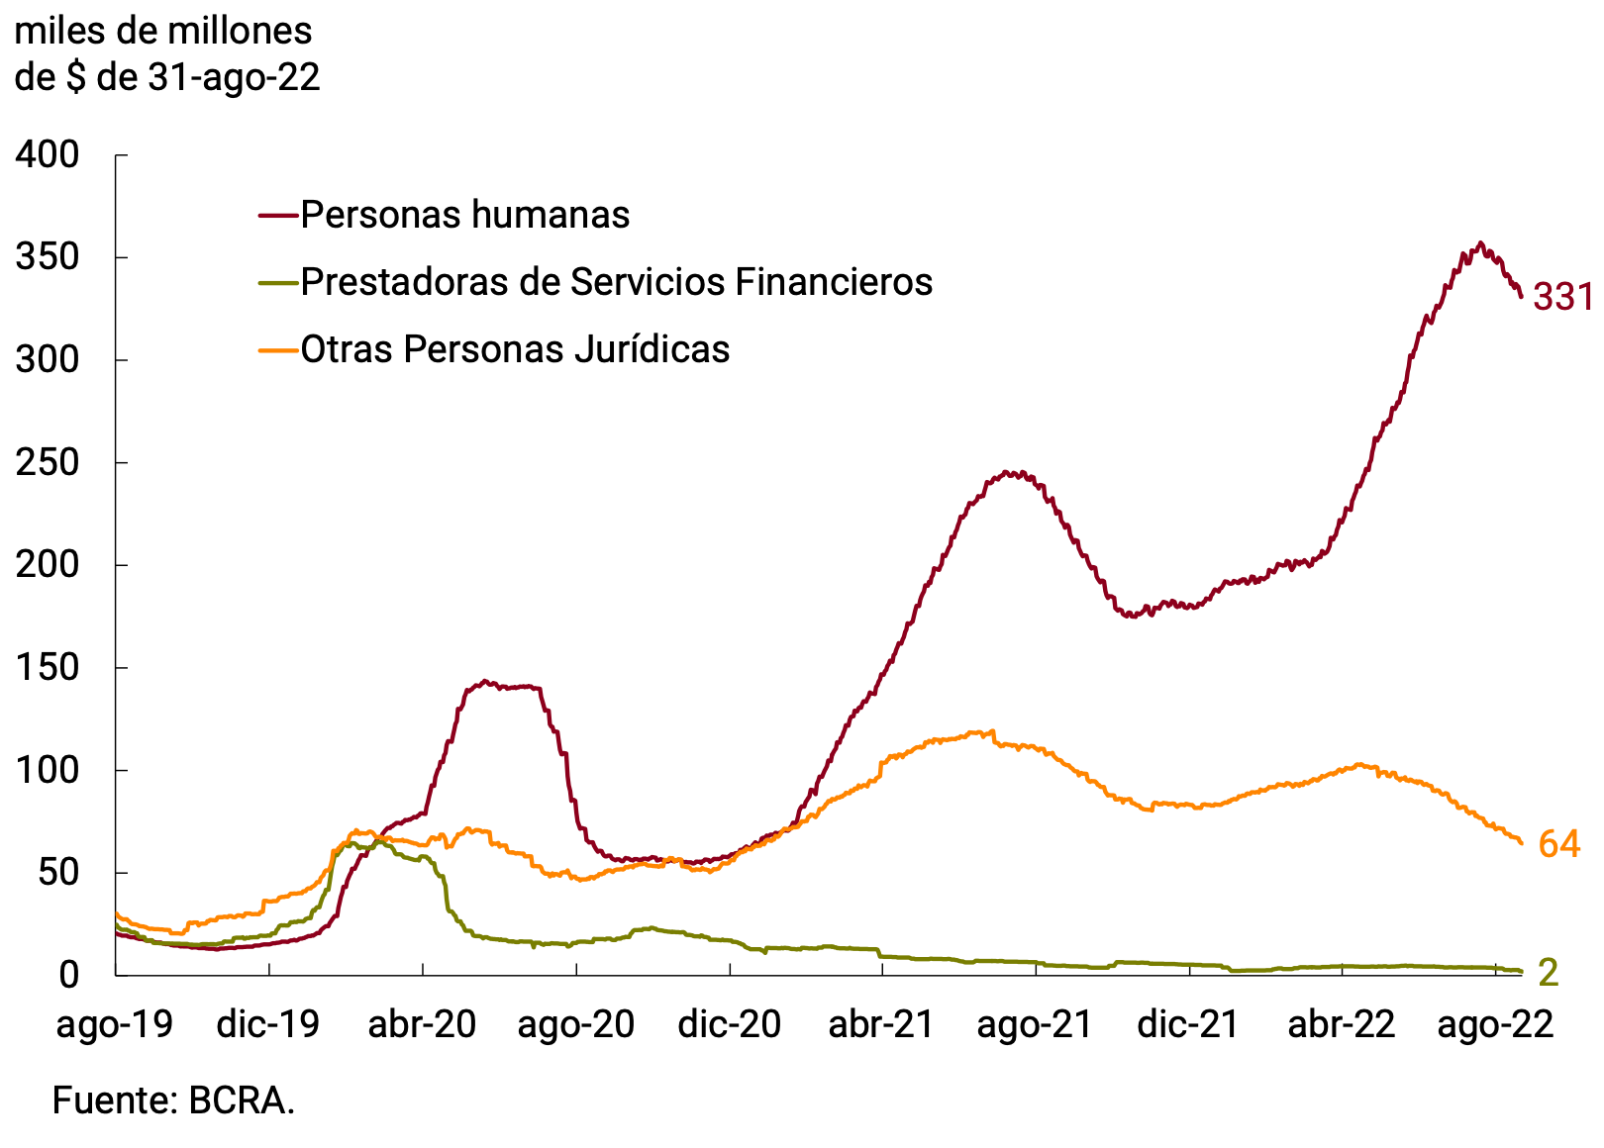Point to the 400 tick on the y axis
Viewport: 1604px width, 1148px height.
pos(48,154)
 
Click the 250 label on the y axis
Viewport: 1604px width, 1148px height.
pos(48,462)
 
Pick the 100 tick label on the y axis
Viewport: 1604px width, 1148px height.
pos(48,770)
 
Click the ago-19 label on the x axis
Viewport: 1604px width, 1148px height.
pos(115,1024)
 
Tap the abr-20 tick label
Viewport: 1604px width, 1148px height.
pos(423,1024)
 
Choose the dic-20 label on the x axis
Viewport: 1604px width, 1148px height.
pos(730,1024)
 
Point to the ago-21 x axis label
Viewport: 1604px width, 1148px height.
pos(1035,1024)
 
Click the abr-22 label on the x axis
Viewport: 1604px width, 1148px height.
pos(1342,1024)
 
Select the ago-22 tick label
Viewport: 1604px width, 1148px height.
pos(1495,1024)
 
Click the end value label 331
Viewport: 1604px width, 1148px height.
pos(1562,297)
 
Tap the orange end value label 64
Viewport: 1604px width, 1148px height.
pos(1559,844)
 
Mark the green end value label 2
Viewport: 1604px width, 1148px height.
pos(1549,973)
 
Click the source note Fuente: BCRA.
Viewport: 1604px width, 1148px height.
pos(173,1100)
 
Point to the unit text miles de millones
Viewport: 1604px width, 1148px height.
pos(163,32)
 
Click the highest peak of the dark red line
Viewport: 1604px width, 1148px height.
pos(1480,242)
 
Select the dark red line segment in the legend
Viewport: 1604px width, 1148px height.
pos(278,215)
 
